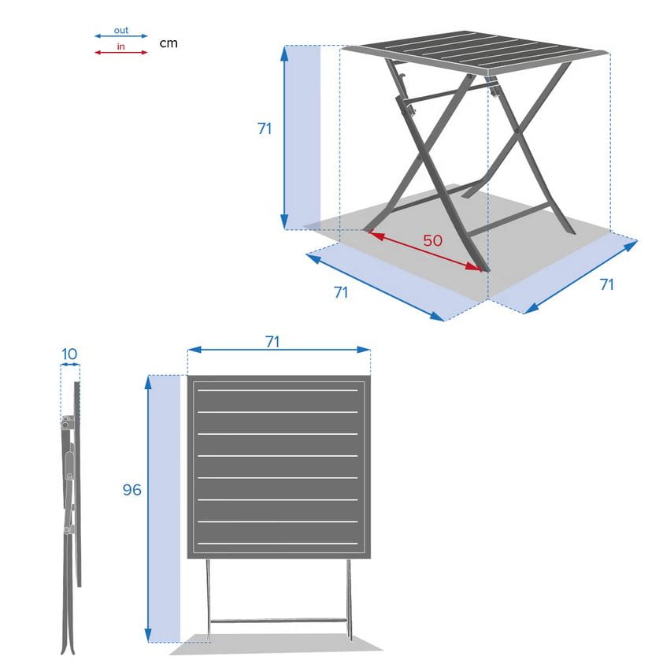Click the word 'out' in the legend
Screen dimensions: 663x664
[x=120, y=31]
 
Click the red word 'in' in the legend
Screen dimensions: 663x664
[x=120, y=46]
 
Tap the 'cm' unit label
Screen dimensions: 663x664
[x=169, y=43]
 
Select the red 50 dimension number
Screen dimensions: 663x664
[x=432, y=240]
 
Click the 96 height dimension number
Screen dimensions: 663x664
[x=131, y=489]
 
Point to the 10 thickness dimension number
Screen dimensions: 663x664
[x=69, y=354]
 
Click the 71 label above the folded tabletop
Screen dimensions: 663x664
[x=272, y=341]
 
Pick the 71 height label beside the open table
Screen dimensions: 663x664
[x=265, y=128]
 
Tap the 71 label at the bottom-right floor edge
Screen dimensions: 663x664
[x=606, y=284]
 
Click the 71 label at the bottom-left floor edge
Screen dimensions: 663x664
[x=341, y=292]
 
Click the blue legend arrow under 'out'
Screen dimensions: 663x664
[x=120, y=36]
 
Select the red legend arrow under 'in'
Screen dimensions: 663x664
[x=120, y=53]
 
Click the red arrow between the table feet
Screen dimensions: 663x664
[x=425, y=250]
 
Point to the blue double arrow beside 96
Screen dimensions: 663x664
[x=148, y=509]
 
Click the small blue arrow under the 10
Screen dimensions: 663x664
[x=70, y=364]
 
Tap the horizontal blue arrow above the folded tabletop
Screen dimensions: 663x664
[x=279, y=350]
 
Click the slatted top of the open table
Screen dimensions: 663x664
[x=476, y=52]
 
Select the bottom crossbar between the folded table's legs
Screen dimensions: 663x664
[x=279, y=621]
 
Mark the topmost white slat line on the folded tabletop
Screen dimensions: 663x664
[x=278, y=390]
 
